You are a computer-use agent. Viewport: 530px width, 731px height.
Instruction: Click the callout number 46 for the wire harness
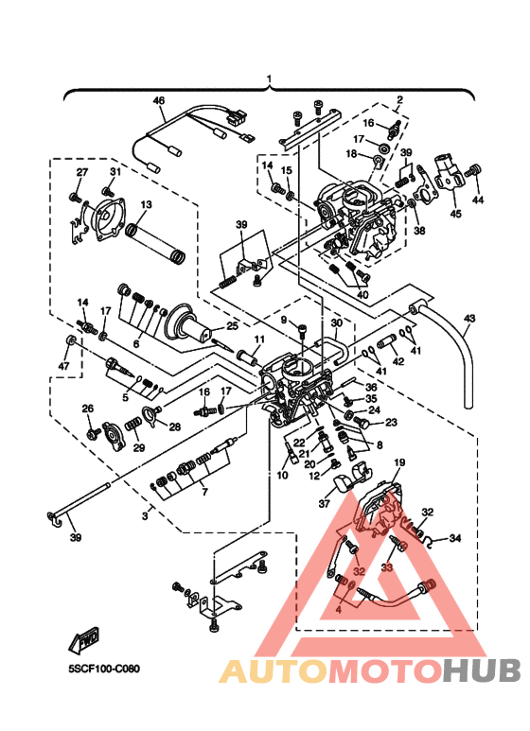[158, 100]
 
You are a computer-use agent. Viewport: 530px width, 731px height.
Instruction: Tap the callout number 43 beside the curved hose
[468, 319]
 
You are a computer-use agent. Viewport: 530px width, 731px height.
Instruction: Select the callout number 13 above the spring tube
[147, 204]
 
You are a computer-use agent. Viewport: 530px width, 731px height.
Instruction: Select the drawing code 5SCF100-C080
[104, 669]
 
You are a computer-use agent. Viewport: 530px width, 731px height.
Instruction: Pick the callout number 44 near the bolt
[477, 200]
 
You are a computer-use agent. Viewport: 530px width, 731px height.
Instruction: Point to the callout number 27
[81, 171]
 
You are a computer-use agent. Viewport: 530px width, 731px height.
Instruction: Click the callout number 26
[87, 409]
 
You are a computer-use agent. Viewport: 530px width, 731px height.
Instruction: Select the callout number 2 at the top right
[399, 99]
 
